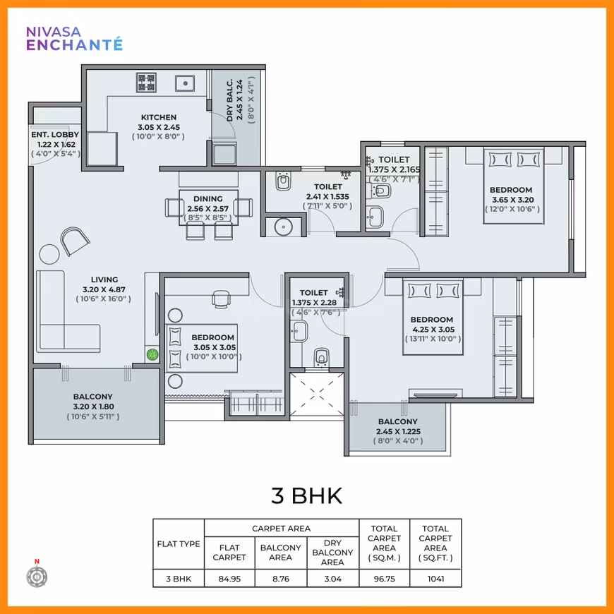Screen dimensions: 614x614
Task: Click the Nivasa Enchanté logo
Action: [x=74, y=39]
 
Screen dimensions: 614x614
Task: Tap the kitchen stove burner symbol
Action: [x=146, y=83]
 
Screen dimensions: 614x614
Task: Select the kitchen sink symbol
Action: [x=185, y=83]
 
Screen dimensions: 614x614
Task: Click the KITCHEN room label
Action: [x=159, y=117]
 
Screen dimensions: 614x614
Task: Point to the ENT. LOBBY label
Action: [x=55, y=135]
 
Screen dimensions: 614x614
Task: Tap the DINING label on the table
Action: [x=208, y=199]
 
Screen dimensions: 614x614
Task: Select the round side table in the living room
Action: [x=49, y=254]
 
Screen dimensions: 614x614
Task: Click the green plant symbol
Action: [x=152, y=355]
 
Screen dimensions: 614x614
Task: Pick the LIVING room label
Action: [x=104, y=279]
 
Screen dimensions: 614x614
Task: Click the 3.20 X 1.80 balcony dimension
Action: [x=94, y=407]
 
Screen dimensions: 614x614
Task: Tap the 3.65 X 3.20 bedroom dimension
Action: [x=512, y=200]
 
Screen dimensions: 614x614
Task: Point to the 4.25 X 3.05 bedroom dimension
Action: [x=433, y=330]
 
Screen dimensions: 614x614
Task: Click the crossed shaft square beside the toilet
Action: [x=317, y=395]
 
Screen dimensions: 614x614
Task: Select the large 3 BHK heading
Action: [x=306, y=495]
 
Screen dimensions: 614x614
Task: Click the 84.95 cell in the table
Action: [x=229, y=579]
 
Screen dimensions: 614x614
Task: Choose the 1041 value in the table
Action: [x=436, y=579]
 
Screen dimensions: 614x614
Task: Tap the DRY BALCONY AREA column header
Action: [x=333, y=553]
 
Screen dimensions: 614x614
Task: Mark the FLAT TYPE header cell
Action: [x=179, y=544]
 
